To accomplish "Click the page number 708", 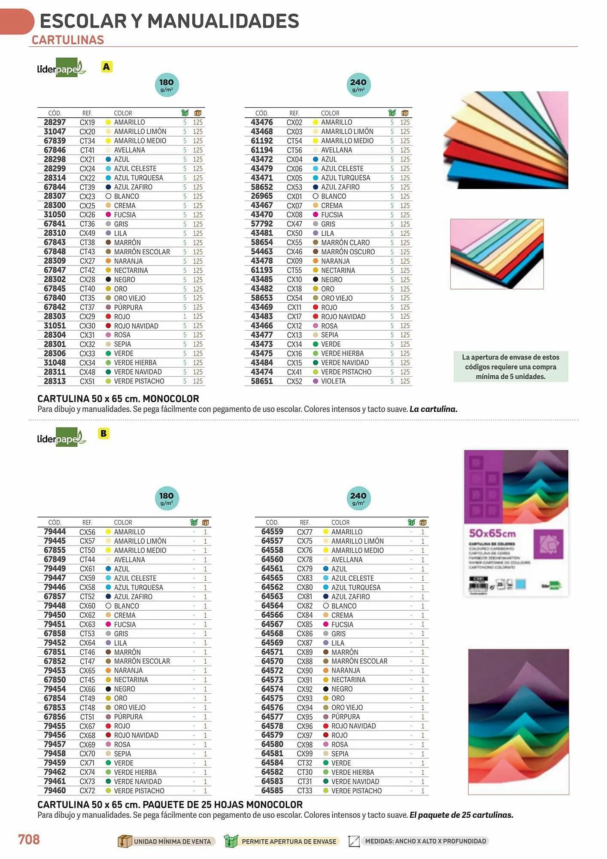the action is (29, 839).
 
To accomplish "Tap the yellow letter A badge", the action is (106, 67).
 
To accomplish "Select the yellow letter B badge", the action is (103, 433).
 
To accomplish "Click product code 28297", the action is (55, 122).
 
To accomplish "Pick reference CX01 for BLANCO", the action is (294, 196).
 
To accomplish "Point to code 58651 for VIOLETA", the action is (262, 381).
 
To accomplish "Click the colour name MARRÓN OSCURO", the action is (348, 252).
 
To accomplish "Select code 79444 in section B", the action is (55, 532).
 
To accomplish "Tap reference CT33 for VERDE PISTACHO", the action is (305, 791).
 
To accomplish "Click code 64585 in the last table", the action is (272, 791).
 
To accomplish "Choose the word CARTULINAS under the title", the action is (68, 40).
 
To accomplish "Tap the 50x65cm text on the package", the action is (492, 533).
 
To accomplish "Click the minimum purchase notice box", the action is (510, 366).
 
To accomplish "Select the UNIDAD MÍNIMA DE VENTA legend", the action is (172, 841).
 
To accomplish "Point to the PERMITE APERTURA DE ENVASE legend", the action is (288, 841).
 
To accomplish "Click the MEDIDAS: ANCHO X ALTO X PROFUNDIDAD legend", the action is (425, 841).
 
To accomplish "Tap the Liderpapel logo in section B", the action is (61, 438).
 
